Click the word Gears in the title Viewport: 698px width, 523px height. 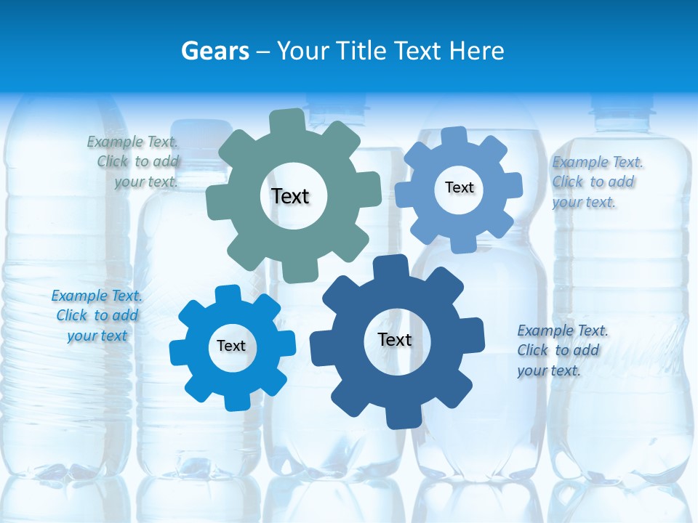[x=214, y=51]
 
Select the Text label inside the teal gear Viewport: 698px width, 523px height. [x=290, y=196]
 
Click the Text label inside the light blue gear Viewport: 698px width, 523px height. [x=459, y=187]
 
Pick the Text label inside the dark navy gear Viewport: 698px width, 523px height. [x=395, y=340]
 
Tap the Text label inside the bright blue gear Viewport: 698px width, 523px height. [x=231, y=346]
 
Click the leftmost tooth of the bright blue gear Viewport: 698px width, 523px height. [x=179, y=352]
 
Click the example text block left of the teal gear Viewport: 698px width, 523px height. [x=134, y=162]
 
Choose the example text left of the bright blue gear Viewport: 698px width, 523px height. [x=97, y=316]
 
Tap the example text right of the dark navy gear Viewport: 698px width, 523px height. [x=561, y=350]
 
